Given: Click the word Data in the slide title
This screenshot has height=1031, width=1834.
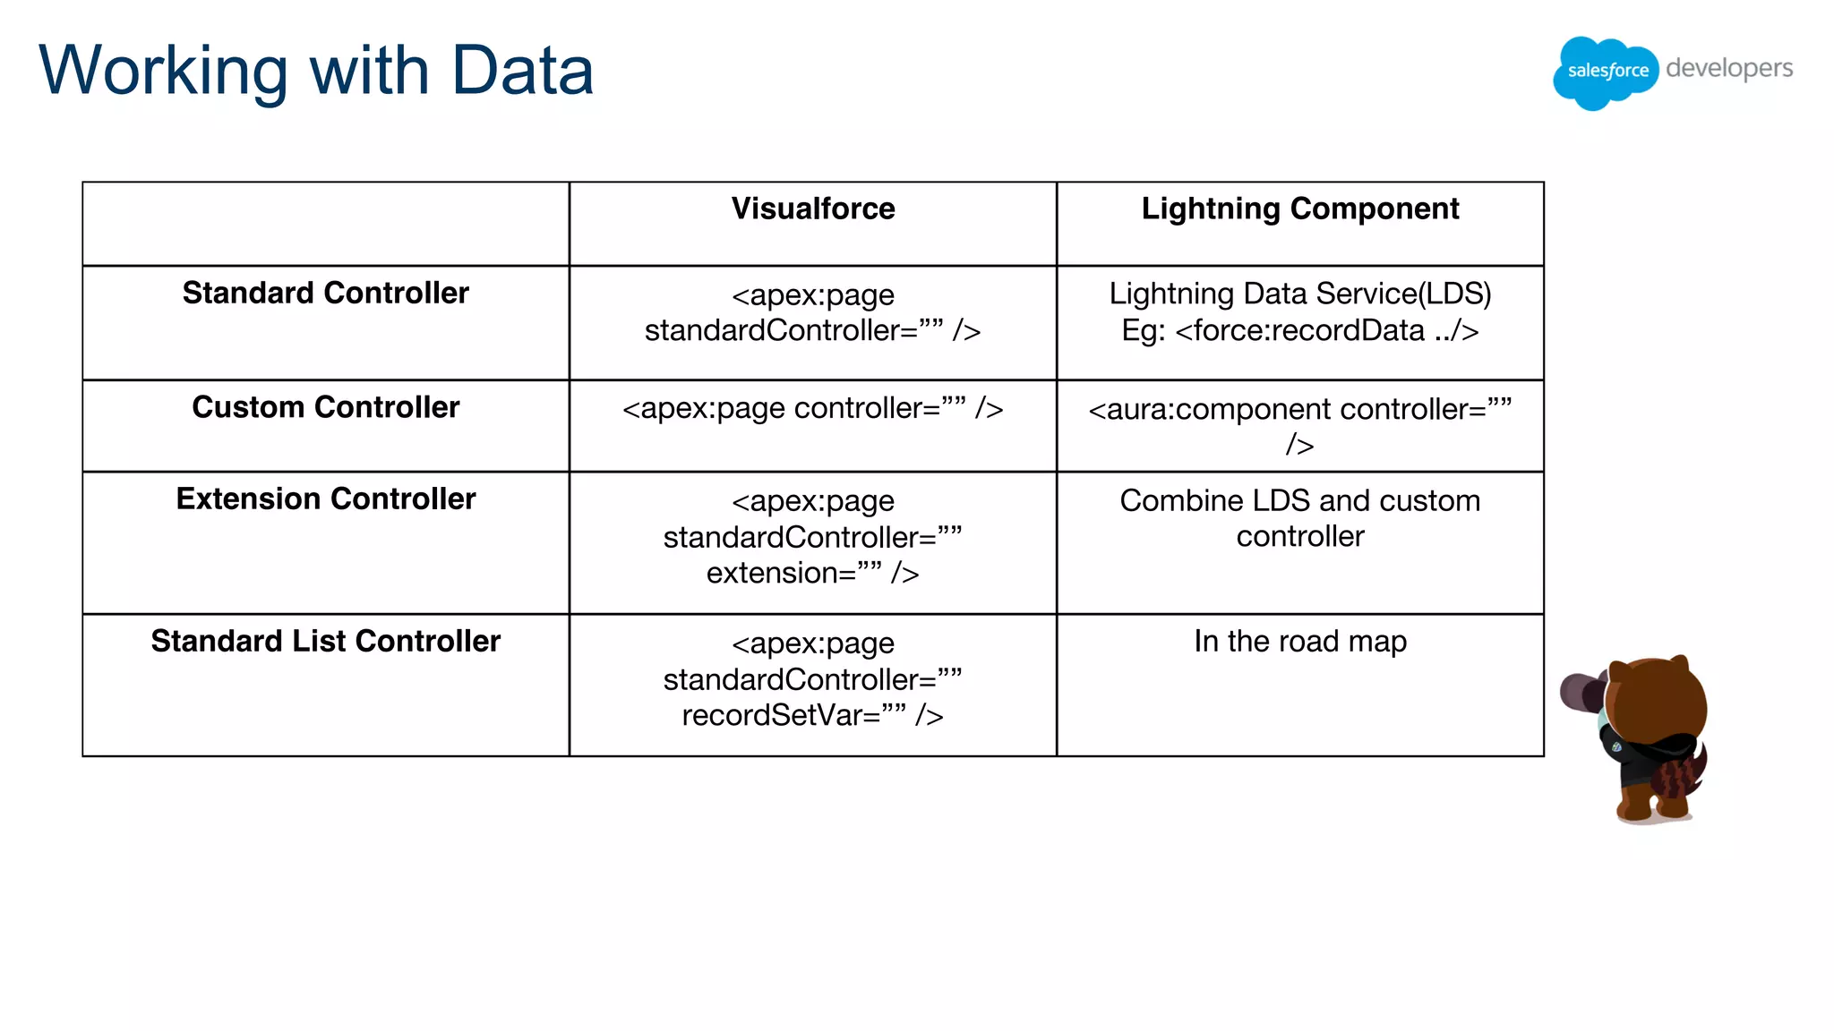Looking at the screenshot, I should coord(522,71).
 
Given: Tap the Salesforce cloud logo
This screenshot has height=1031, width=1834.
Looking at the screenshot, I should coord(1606,72).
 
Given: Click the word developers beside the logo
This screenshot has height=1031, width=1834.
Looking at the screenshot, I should coord(1728,69).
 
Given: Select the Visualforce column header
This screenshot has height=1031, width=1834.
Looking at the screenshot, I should coord(812,209).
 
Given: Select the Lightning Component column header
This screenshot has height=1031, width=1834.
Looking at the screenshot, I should coord(1299,209).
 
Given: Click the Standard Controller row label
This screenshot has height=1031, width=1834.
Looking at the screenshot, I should coord(325,293).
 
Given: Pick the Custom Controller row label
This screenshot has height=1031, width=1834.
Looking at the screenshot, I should coord(325,407).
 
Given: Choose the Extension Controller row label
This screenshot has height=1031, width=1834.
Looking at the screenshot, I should coord(325,498).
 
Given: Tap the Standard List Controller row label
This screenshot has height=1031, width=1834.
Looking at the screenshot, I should coord(325,641).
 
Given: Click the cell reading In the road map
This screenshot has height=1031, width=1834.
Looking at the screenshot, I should coord(1299,641).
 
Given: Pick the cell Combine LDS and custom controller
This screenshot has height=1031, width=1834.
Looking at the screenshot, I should coord(1299,518).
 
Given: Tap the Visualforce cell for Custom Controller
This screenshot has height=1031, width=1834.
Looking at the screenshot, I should coord(812,408).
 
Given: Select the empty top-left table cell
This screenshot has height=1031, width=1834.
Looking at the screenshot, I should coord(325,224).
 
